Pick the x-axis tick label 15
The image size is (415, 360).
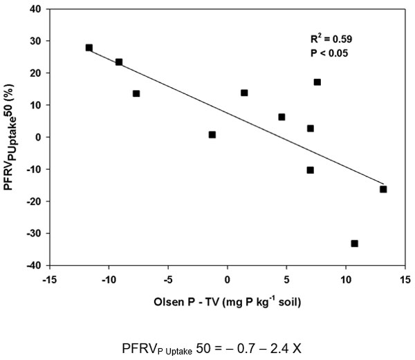(405, 280)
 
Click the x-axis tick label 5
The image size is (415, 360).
(287, 280)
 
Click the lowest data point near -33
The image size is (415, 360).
(355, 244)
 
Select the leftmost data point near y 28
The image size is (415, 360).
(89, 48)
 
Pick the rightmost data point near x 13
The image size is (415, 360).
(383, 189)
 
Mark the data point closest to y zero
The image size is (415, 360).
(212, 135)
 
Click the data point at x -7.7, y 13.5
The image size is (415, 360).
(136, 93)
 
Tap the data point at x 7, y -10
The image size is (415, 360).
(311, 170)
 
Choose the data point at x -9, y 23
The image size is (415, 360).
(119, 62)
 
